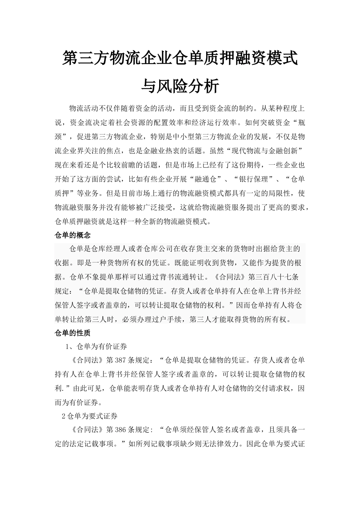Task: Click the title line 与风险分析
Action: pos(180,86)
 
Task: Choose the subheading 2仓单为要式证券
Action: pos(89,416)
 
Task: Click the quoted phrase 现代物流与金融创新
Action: pos(260,151)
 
